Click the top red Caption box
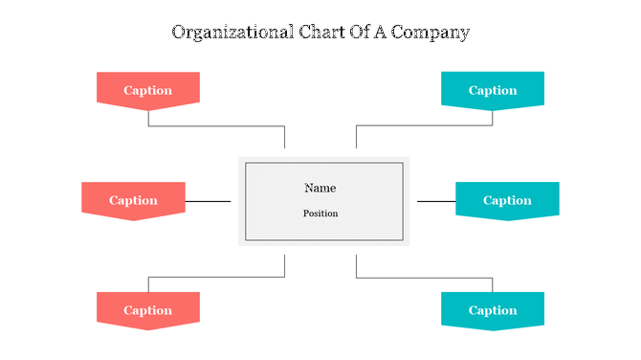tap(148, 89)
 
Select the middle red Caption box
tap(133, 199)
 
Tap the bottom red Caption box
tap(148, 309)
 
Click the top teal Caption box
tap(493, 89)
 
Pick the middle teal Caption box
tap(507, 199)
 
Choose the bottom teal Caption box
tap(493, 309)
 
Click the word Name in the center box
tap(320, 188)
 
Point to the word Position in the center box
tap(320, 214)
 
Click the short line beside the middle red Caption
tap(208, 201)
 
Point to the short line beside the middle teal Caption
tap(436, 201)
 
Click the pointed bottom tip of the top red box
tap(148, 107)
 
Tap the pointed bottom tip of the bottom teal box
tap(493, 328)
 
